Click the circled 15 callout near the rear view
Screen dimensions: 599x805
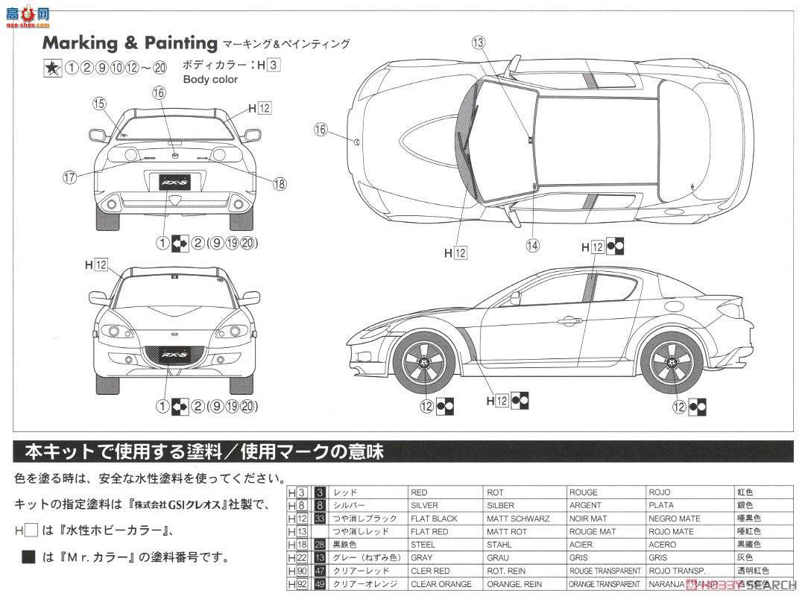pos(100,104)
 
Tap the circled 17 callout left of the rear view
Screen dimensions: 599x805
pos(70,177)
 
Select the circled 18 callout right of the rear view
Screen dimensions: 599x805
pos(280,183)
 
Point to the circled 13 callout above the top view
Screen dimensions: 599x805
pos(478,42)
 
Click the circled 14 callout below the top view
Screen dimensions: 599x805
pos(532,244)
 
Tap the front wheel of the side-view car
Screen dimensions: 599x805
pos(429,363)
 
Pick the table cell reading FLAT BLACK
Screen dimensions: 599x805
pos(434,519)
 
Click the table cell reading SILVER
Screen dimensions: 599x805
pos(424,505)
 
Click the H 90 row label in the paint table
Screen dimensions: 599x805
pos(297,571)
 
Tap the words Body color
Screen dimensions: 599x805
pos(210,79)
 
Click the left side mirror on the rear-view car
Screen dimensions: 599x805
pos(97,135)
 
